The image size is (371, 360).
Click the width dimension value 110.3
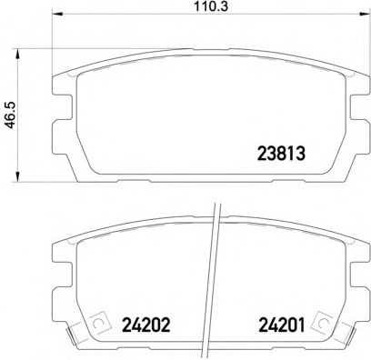211,6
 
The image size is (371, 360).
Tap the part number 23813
281,154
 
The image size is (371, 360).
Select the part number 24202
146,325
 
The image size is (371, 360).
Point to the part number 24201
281,325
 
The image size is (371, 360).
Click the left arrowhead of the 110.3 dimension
57,14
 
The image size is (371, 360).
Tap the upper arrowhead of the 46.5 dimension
18,54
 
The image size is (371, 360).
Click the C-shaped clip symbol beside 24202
97,323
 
